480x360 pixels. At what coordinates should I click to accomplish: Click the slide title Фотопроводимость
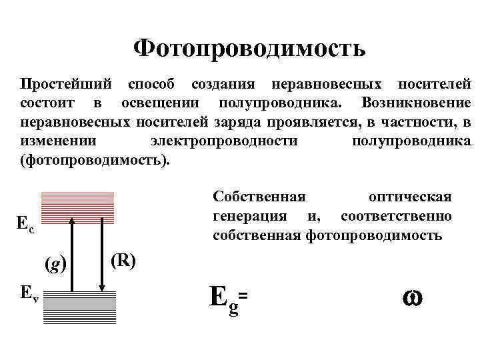(x=249, y=49)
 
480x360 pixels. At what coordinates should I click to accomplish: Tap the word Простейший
(x=64, y=85)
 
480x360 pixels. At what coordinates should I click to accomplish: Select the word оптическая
(x=409, y=197)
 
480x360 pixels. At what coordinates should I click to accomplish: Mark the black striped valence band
(x=79, y=307)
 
